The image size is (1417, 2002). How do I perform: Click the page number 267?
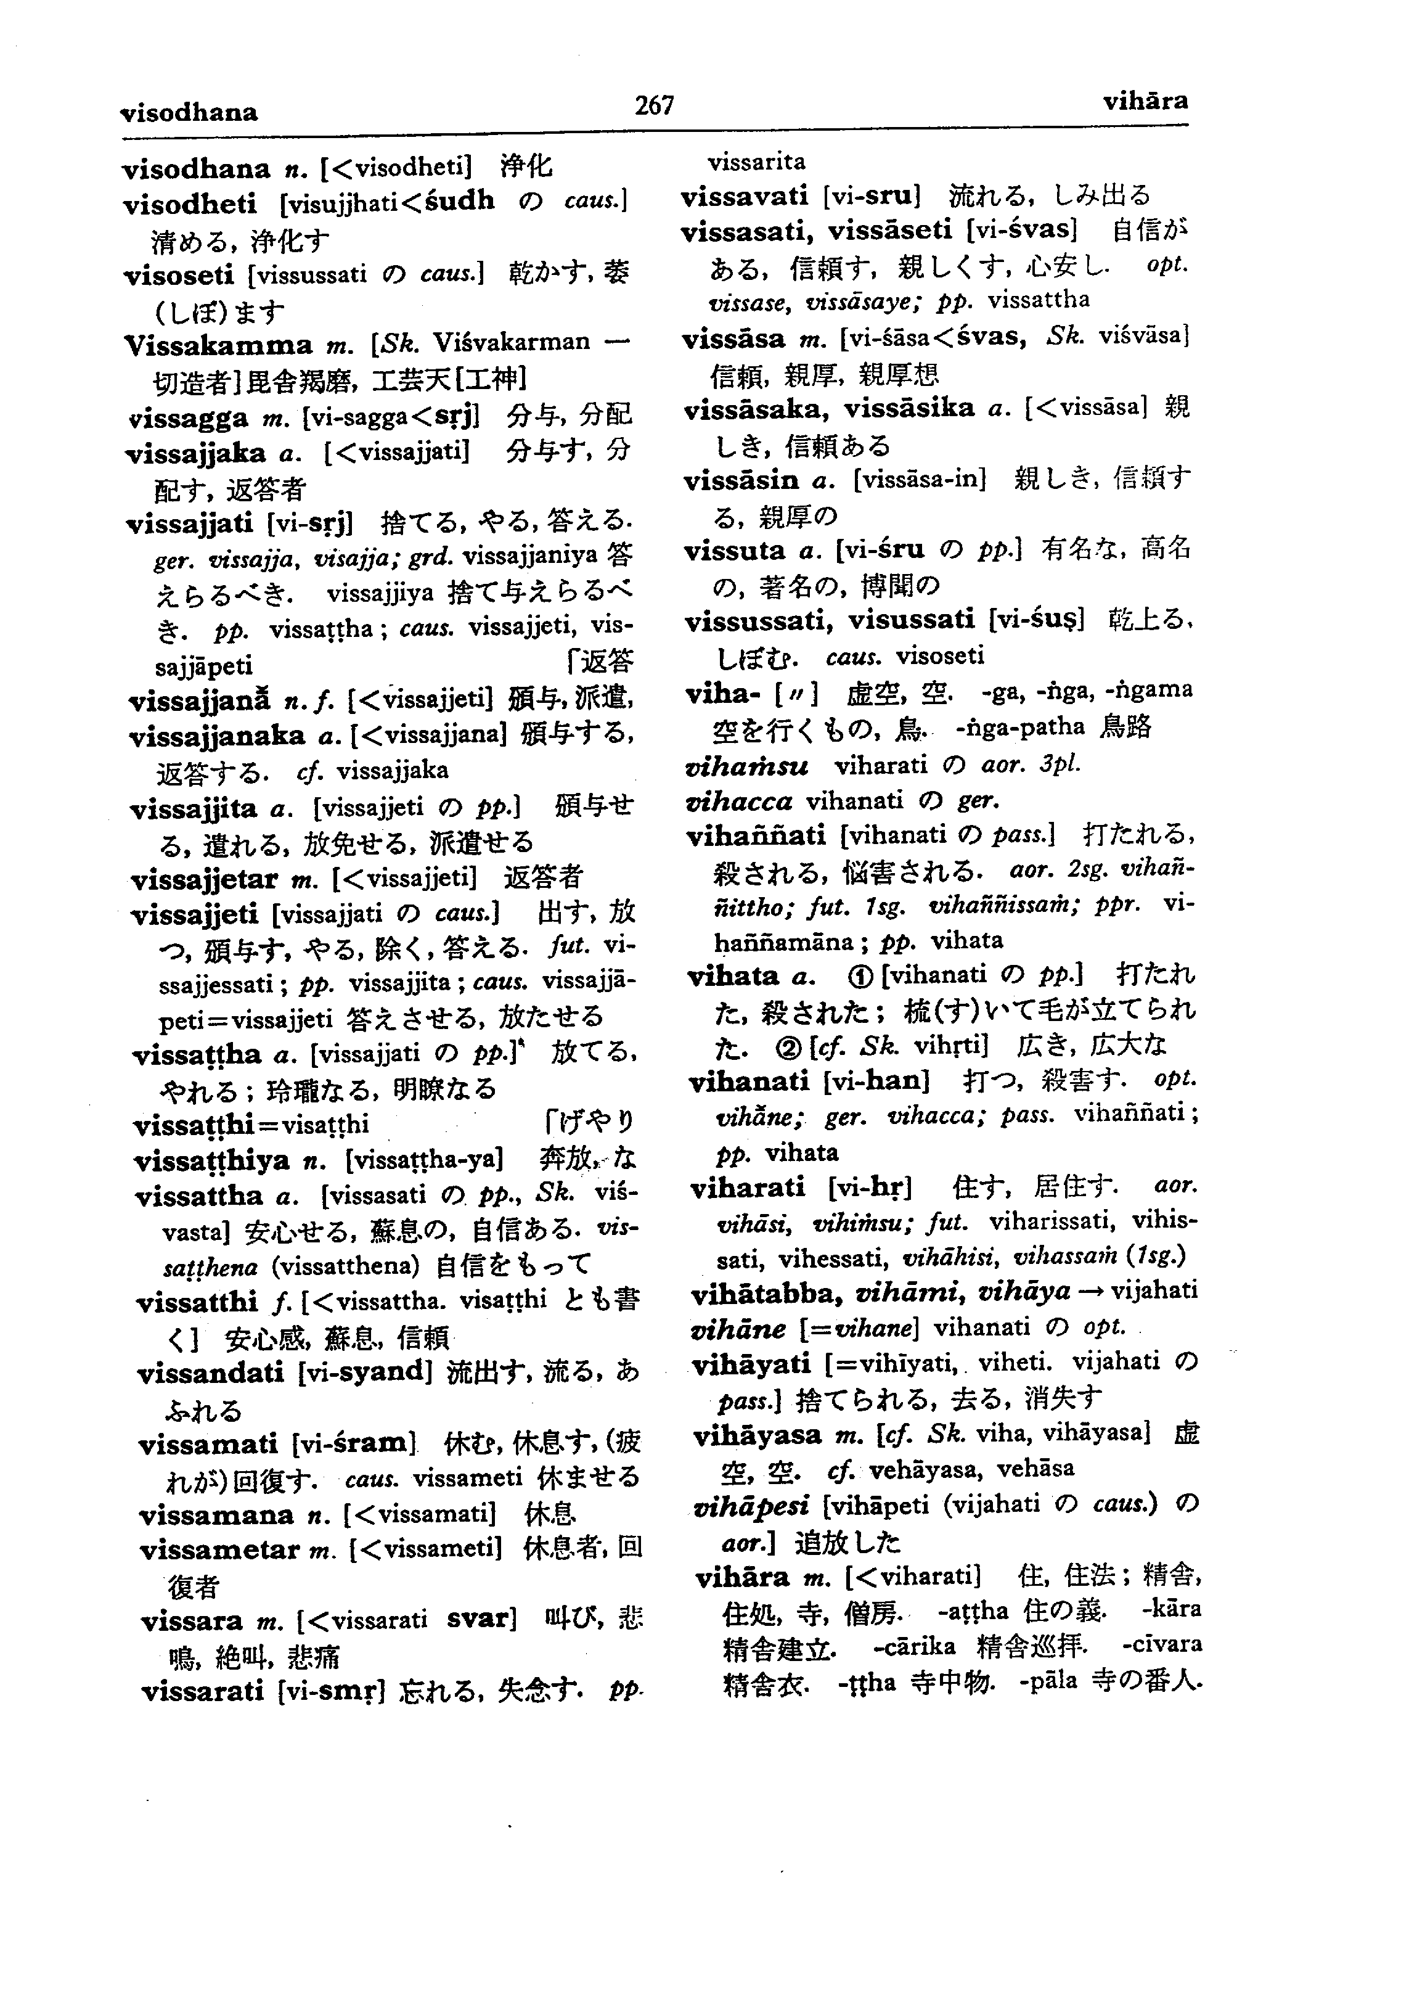[655, 105]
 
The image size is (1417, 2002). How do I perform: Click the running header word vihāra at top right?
[1145, 101]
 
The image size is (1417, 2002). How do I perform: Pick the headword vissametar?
[220, 1551]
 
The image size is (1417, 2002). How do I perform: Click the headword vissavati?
[745, 195]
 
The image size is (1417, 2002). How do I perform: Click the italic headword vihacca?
[740, 801]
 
